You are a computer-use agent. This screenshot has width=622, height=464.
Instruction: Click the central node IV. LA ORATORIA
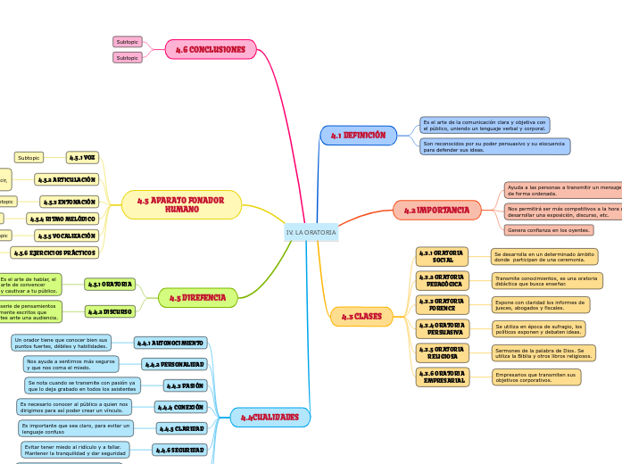(311, 232)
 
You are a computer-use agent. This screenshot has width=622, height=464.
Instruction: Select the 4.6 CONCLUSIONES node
(211, 49)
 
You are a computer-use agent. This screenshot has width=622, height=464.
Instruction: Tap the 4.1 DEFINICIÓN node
(358, 136)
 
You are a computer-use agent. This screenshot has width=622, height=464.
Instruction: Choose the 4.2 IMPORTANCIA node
(436, 210)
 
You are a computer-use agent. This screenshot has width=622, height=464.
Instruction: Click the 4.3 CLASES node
(361, 316)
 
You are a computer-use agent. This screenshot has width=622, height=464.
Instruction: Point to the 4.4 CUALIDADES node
(270, 417)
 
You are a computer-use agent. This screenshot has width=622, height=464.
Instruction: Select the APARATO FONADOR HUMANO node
(181, 204)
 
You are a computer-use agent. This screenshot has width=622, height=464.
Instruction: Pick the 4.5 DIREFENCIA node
(197, 297)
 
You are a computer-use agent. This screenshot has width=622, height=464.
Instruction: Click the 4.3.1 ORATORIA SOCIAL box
(442, 257)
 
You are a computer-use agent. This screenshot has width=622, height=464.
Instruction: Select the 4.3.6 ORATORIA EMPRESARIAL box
(442, 377)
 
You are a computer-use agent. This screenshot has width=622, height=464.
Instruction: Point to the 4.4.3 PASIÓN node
(186, 385)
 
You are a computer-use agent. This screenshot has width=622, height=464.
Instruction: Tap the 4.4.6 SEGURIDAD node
(180, 450)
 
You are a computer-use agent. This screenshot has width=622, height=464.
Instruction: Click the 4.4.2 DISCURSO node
(110, 311)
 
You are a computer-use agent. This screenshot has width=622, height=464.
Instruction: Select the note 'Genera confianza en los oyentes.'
(549, 229)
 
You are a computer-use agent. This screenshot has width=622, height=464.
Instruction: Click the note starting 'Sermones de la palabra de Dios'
(543, 353)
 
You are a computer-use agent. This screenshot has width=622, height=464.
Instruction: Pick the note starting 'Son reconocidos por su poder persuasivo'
(494, 146)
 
